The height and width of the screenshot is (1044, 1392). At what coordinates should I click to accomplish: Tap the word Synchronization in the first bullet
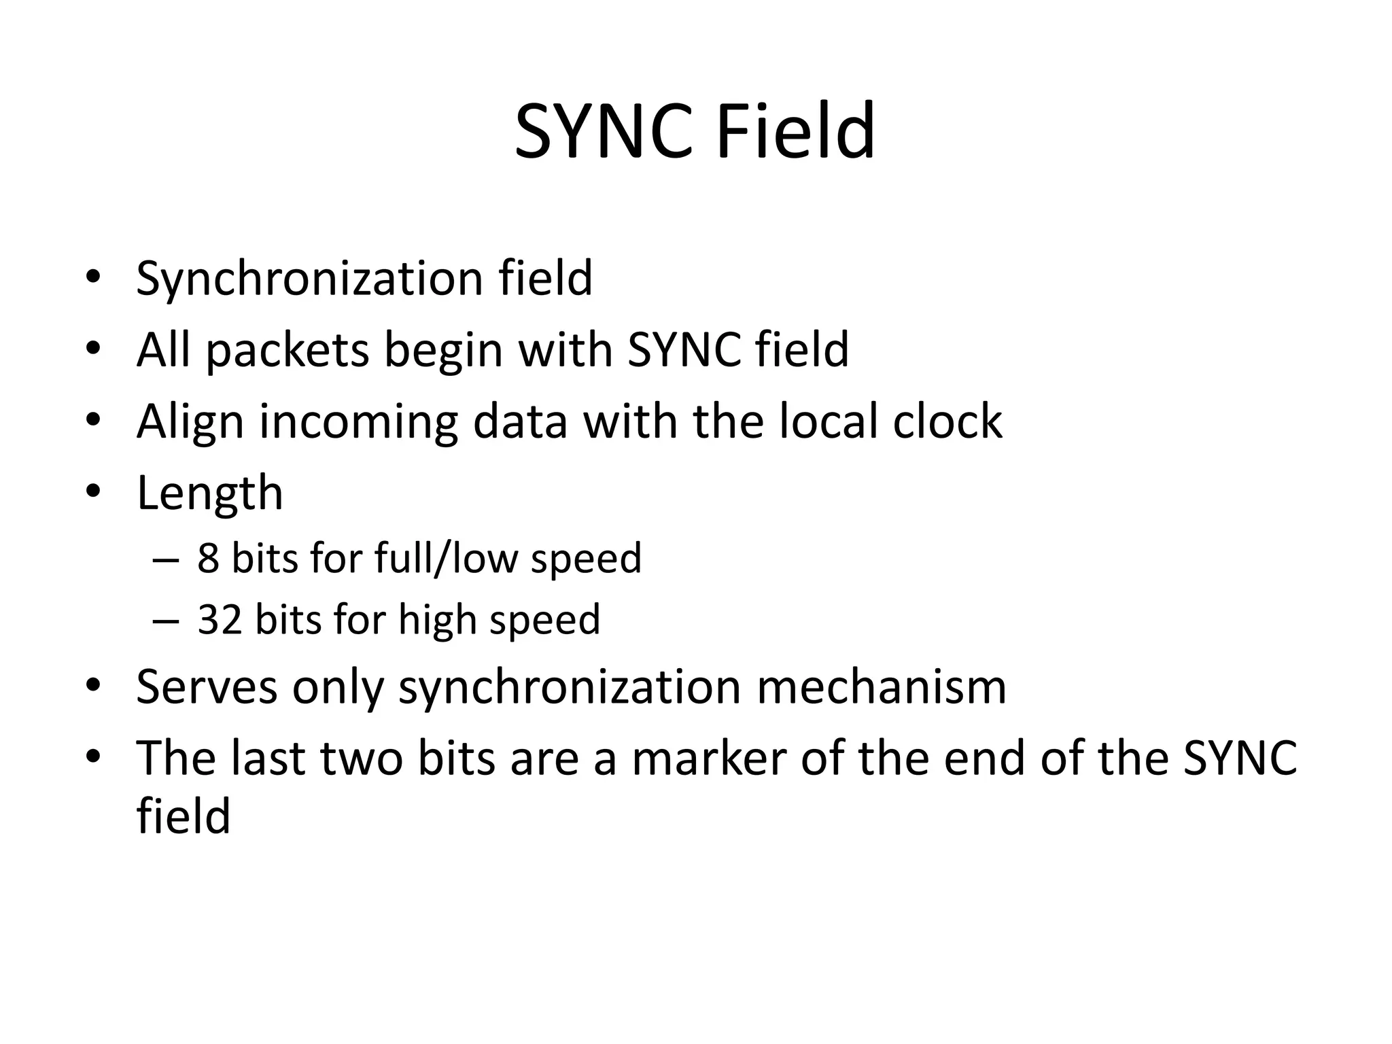coord(309,278)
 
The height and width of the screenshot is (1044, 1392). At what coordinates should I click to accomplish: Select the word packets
coord(288,350)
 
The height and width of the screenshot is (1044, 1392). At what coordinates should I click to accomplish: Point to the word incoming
coord(358,422)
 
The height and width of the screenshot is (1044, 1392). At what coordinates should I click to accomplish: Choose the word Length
coord(209,493)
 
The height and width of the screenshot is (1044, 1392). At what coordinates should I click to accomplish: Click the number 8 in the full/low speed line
coord(208,558)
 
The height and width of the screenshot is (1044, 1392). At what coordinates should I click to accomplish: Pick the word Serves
coord(207,686)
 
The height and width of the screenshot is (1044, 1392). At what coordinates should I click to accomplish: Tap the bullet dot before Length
coord(93,491)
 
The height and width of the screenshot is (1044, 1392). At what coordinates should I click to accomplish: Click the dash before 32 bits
coord(166,621)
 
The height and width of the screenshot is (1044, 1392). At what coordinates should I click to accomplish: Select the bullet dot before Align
coord(93,419)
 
